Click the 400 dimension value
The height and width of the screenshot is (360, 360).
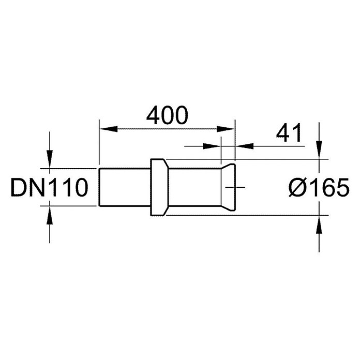(x=167, y=115)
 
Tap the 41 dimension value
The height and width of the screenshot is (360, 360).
(x=289, y=132)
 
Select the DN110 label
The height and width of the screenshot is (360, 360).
(x=49, y=187)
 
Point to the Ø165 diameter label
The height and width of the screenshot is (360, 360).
(x=319, y=187)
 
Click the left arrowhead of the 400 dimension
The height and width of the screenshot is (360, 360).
(x=108, y=129)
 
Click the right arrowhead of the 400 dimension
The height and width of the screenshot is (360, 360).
(x=226, y=129)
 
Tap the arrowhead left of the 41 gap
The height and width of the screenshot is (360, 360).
(x=212, y=146)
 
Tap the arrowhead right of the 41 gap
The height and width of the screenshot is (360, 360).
(x=245, y=146)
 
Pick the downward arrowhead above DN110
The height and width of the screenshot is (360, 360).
(x=50, y=159)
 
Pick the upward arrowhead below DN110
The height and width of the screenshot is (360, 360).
(x=50, y=215)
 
